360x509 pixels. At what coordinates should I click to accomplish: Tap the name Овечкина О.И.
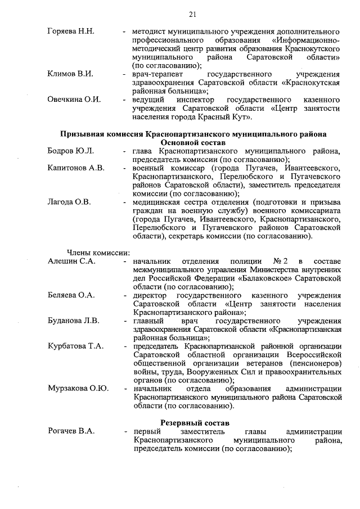74,100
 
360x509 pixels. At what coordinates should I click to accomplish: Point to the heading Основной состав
193,143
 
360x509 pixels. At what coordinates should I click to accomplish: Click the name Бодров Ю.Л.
70,151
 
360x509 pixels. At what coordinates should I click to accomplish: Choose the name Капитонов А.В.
76,168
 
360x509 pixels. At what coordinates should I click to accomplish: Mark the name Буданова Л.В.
74,321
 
